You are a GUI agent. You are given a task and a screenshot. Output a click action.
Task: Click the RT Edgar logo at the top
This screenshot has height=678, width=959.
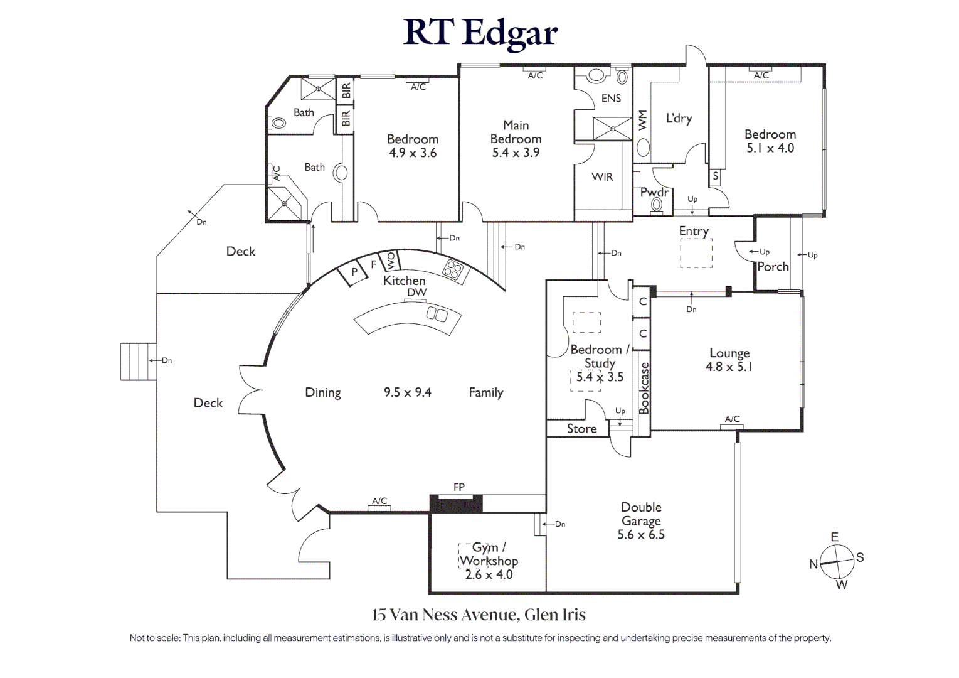[x=480, y=33]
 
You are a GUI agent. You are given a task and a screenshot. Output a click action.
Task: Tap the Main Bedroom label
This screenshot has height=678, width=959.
[x=516, y=132]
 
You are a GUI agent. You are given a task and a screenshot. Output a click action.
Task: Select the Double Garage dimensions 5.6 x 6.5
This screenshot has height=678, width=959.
[x=640, y=535]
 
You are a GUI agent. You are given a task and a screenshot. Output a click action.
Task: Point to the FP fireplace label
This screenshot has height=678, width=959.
[x=458, y=487]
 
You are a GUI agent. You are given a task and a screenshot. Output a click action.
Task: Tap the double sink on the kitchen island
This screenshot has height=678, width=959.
[x=437, y=313]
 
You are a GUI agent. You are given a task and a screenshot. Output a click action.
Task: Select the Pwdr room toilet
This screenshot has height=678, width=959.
[x=657, y=205]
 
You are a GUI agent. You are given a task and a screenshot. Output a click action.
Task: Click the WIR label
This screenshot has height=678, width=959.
[x=602, y=177]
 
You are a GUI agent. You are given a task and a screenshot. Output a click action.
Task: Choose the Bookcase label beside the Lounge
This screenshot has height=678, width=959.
[x=644, y=388]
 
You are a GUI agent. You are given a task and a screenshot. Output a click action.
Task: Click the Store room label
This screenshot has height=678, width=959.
[x=581, y=429]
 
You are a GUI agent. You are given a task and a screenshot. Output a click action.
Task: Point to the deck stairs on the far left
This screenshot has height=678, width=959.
[x=138, y=361]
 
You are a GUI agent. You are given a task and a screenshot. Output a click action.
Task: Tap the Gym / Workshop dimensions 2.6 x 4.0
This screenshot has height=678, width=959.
[x=489, y=574]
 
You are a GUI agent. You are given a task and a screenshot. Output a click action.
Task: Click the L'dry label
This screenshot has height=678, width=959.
[x=679, y=118]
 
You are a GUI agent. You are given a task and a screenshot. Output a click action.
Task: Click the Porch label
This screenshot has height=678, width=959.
[x=773, y=267]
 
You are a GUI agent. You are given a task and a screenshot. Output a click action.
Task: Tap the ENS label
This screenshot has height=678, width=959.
[x=611, y=99]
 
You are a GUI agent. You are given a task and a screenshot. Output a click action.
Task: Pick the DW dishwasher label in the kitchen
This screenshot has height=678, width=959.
[x=416, y=293]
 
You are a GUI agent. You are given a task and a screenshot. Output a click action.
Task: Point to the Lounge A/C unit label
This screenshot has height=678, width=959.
[x=732, y=419]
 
